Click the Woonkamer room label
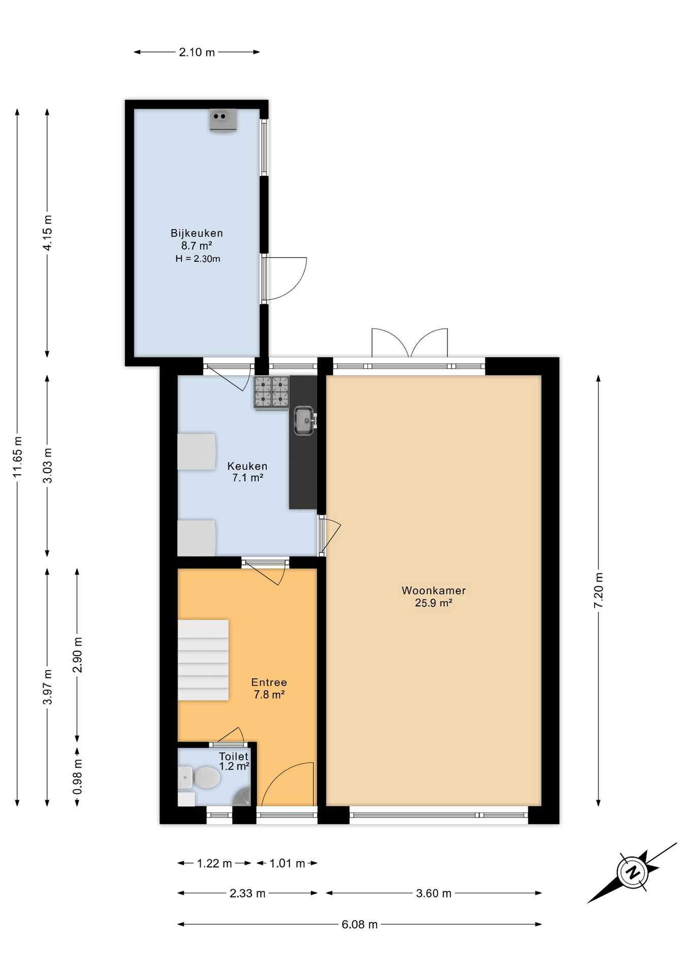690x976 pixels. click(x=433, y=591)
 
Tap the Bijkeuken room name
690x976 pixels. click(x=197, y=233)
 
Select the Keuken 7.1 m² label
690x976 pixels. click(x=247, y=472)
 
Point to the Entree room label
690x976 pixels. click(x=269, y=683)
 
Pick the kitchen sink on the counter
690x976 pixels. click(x=304, y=420)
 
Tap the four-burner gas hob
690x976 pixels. click(x=272, y=392)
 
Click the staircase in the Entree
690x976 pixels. click(x=203, y=660)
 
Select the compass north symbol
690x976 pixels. click(x=633, y=873)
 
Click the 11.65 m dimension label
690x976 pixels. click(x=18, y=457)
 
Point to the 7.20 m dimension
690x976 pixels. click(x=599, y=590)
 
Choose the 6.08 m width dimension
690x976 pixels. click(x=359, y=925)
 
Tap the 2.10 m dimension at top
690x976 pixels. click(x=197, y=52)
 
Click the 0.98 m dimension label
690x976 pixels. click(x=77, y=777)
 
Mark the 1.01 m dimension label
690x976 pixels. click(x=287, y=864)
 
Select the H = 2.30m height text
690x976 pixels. click(x=198, y=259)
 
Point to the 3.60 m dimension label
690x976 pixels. click(x=433, y=894)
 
